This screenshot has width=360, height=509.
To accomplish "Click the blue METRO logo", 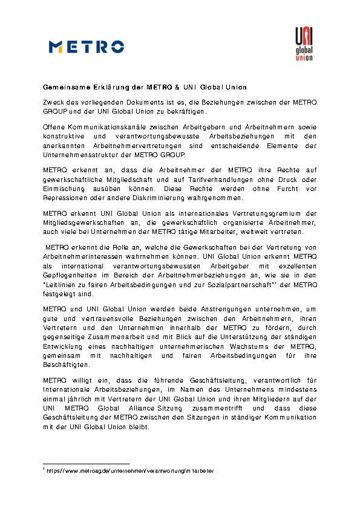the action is [x=87, y=47].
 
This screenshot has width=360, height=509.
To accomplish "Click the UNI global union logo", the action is [x=303, y=45].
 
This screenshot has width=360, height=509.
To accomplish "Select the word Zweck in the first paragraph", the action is [x=53, y=103].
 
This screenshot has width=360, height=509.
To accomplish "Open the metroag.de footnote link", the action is [x=130, y=470].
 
